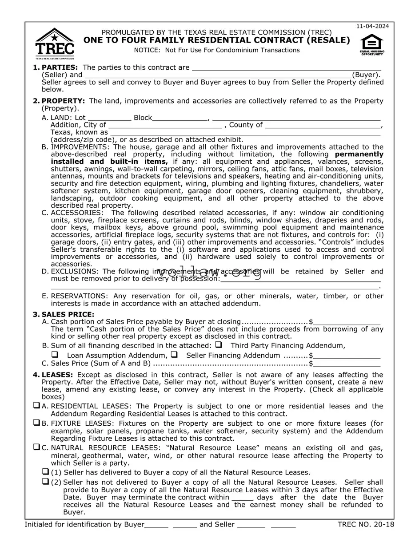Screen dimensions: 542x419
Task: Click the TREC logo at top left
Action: tap(55, 44)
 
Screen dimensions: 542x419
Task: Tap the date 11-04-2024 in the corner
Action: tap(372, 26)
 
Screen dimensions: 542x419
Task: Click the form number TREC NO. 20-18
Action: tap(366, 525)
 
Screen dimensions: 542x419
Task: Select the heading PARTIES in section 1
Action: tap(60, 67)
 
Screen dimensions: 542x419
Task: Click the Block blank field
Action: tap(180, 118)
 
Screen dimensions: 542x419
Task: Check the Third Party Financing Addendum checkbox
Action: tap(218, 344)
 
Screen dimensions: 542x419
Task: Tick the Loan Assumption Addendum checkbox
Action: tap(55, 355)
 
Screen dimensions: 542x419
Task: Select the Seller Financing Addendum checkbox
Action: tap(174, 355)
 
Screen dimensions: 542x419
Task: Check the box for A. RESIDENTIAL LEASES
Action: tap(36, 406)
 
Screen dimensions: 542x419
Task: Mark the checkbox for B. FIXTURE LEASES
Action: tap(36, 423)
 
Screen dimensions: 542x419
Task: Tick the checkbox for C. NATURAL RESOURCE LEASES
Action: tap(36, 447)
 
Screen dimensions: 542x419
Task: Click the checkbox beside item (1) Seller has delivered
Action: tap(45, 471)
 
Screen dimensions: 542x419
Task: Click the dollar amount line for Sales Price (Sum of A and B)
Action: tap(347, 364)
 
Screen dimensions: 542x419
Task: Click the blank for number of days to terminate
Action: tap(242, 498)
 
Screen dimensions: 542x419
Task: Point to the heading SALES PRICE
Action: tap(68, 314)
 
